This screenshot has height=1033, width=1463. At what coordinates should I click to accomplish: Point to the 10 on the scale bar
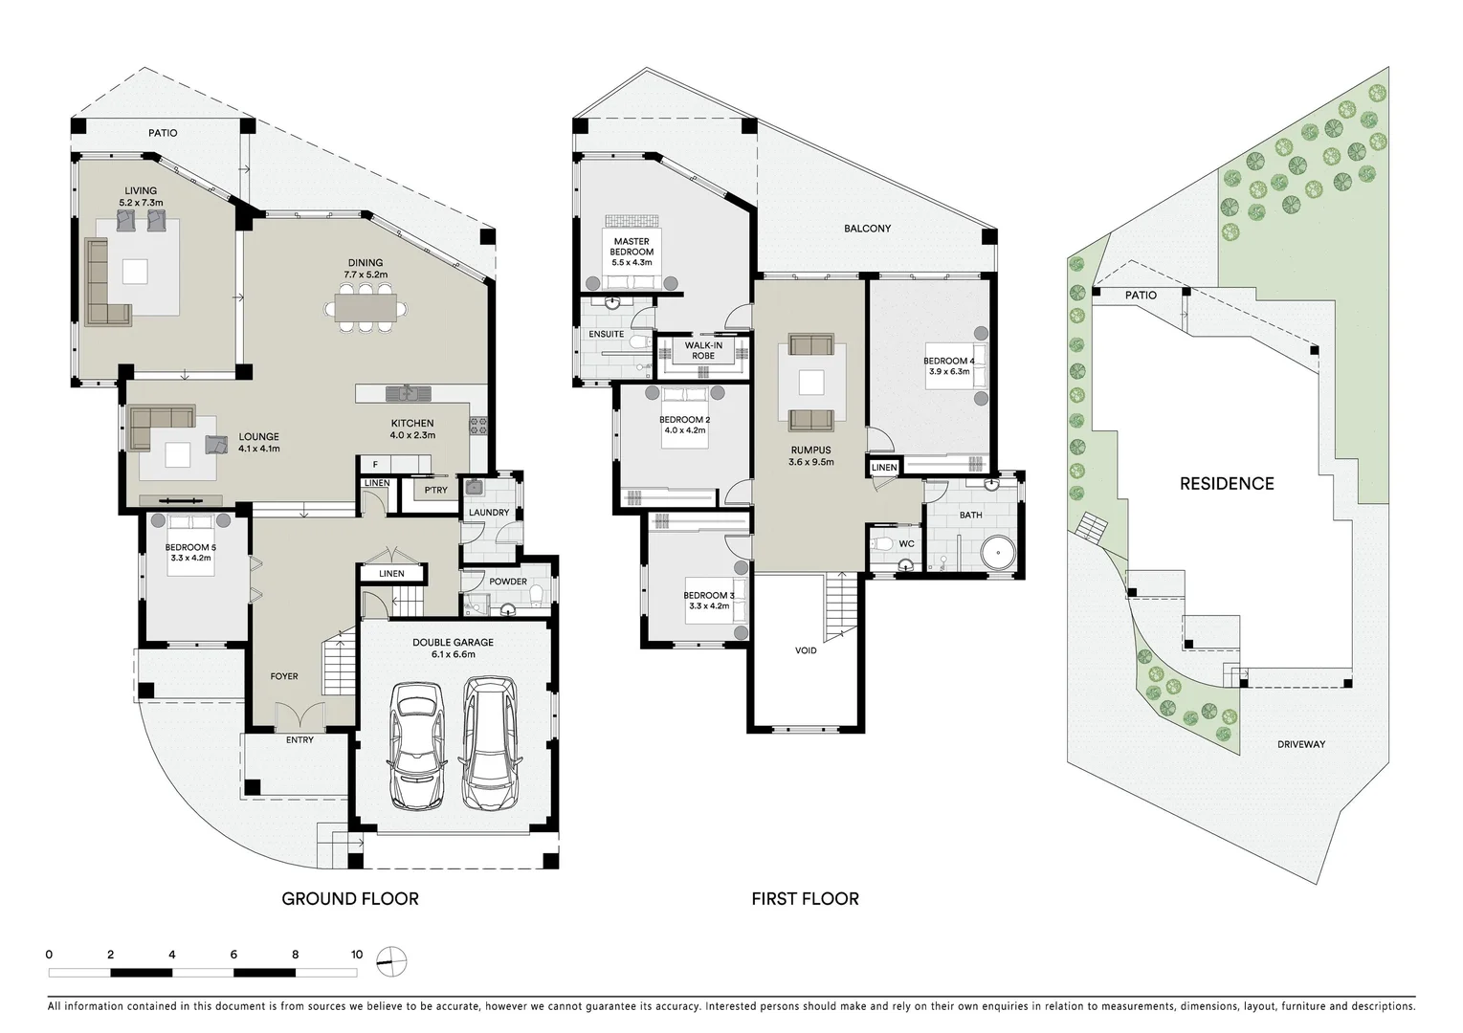(357, 955)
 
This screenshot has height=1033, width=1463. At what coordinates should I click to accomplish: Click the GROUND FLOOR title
(349, 899)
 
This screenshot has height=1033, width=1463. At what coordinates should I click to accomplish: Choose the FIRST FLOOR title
(805, 899)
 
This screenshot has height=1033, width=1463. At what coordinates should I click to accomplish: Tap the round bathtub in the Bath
(997, 554)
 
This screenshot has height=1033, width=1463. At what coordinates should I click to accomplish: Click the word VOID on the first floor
(806, 651)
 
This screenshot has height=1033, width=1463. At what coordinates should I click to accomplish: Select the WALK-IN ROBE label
(703, 351)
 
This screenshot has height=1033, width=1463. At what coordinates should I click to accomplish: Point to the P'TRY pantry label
(435, 491)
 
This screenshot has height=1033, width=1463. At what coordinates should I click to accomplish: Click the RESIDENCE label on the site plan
(1227, 484)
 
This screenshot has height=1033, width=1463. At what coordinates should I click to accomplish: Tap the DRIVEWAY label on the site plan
(1300, 744)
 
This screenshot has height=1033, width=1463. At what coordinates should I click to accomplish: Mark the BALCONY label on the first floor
(867, 229)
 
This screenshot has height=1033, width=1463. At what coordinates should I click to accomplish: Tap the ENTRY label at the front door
(299, 739)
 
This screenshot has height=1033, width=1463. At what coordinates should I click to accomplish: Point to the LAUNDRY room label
(489, 513)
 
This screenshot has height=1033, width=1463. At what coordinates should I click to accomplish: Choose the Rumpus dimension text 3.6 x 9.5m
(810, 462)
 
